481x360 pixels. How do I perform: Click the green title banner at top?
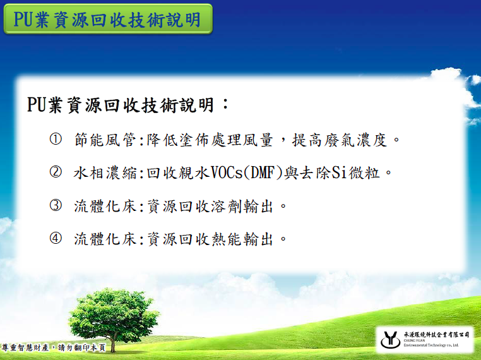(108, 19)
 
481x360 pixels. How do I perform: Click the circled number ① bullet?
(56, 139)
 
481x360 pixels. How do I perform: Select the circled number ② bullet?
(56, 172)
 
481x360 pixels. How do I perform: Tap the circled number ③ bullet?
(56, 205)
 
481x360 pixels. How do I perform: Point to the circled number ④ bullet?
(56, 238)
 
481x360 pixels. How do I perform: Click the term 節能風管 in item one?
(105, 140)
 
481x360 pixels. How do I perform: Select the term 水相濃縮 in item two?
(105, 173)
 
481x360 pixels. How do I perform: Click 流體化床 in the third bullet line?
(105, 207)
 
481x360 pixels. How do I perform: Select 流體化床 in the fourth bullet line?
(105, 239)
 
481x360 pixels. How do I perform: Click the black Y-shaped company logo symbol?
(389, 340)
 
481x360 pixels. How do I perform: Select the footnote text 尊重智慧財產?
(25, 348)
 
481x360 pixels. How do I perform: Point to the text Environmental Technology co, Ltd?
(431, 345)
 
